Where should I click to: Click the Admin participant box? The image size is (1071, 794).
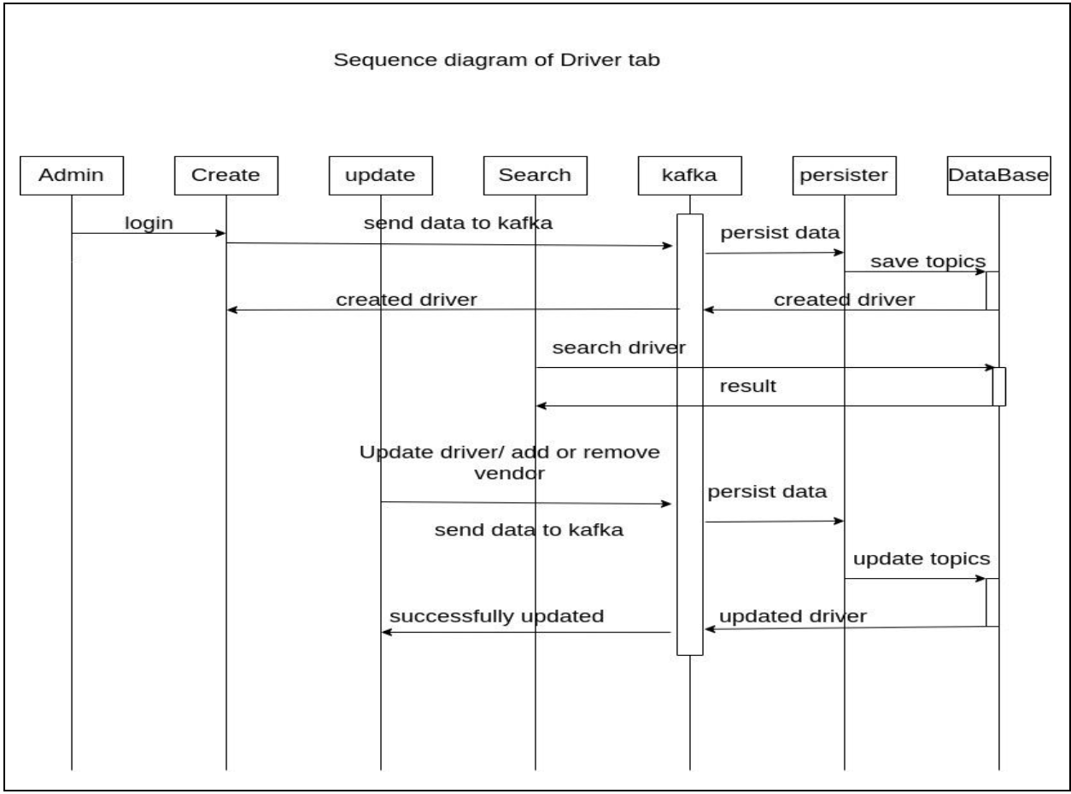point(72,176)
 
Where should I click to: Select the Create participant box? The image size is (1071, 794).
point(226,176)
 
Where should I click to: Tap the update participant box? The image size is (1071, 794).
point(381,176)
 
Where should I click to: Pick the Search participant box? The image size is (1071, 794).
point(535,176)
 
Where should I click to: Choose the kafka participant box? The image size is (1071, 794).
point(690,176)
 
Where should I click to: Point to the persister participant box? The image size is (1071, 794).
point(844,176)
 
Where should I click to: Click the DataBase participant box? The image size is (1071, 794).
point(998,176)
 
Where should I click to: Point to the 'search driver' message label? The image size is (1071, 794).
point(620,348)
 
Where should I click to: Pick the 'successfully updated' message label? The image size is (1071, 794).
point(498,616)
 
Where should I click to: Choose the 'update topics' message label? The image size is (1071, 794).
point(922,559)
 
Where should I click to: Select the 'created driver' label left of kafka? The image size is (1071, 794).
point(406,300)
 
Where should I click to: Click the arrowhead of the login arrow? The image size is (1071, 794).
point(221,232)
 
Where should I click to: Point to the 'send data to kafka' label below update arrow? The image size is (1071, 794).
point(530,529)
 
